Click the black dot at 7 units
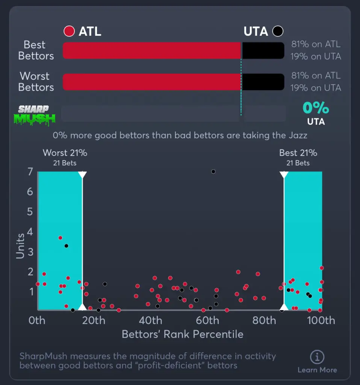tap(213, 171)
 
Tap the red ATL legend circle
tap(70, 31)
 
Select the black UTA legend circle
tap(278, 31)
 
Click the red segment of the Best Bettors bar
tap(151, 50)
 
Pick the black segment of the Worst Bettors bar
tap(263, 82)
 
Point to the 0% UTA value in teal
tap(316, 108)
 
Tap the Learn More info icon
tap(317, 357)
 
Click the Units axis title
tap(20, 246)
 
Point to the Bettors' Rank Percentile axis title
tap(182, 334)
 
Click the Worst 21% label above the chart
tap(65, 153)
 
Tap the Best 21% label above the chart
tap(298, 153)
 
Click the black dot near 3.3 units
tap(66, 246)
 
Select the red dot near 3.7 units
tap(60, 238)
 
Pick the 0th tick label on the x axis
tap(37, 321)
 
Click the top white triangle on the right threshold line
tap(284, 175)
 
